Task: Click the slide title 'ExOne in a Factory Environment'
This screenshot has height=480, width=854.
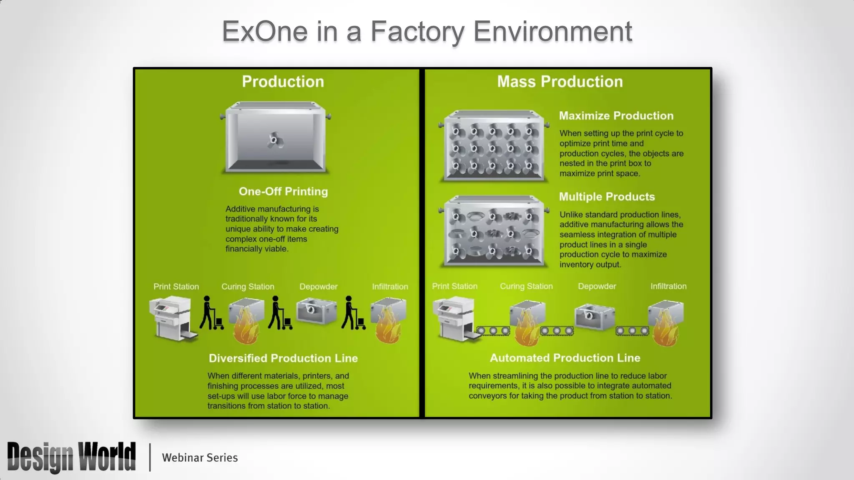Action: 427,31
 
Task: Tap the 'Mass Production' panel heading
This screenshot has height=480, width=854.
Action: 560,82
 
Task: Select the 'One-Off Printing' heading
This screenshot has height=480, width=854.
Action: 283,191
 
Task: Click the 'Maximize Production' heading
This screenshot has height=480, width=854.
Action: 616,116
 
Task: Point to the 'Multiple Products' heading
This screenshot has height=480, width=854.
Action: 607,197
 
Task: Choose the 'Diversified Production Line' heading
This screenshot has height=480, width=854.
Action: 283,358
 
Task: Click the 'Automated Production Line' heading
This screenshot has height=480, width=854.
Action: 565,358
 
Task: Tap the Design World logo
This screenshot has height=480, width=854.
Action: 71,457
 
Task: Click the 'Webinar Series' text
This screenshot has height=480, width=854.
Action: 200,457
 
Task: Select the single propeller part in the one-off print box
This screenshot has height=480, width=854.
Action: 274,140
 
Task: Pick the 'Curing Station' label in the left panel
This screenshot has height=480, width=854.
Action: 248,287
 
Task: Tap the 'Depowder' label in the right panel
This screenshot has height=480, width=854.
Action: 597,286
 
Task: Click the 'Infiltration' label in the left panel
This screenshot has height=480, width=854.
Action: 390,287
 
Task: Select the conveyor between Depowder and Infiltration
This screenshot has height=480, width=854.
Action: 632,331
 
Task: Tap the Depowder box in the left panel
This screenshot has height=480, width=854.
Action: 316,311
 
